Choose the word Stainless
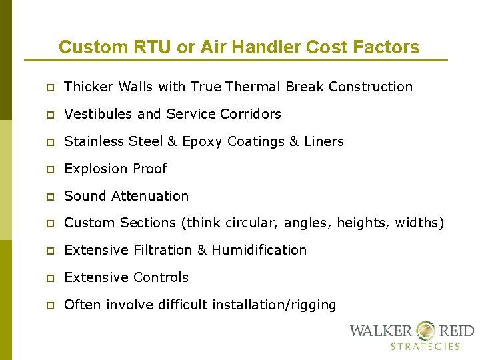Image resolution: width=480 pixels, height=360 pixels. tap(92, 141)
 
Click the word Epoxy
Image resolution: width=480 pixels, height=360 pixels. tap(202, 141)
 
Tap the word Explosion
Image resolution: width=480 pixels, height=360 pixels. tap(95, 169)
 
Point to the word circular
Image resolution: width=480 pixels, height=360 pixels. tap(251, 223)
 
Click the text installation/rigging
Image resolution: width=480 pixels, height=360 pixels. tap(274, 305)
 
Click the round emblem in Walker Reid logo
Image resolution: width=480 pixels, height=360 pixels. tap(425, 331)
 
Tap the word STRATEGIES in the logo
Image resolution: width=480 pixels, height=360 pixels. tap(425, 346)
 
